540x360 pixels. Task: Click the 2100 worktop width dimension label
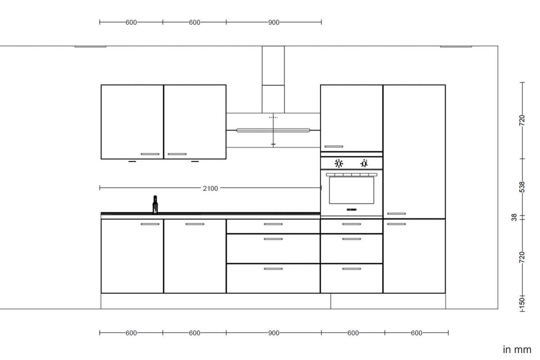pyautogui.click(x=210, y=189)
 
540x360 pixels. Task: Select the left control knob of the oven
pyautogui.click(x=339, y=163)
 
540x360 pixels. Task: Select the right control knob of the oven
pyautogui.click(x=364, y=163)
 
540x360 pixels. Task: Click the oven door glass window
pyautogui.click(x=351, y=190)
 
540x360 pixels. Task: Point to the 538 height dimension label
pyautogui.click(x=522, y=187)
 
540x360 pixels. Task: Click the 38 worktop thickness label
pyautogui.click(x=514, y=217)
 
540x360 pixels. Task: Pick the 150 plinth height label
pyautogui.click(x=522, y=301)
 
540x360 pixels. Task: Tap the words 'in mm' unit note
pyautogui.click(x=517, y=350)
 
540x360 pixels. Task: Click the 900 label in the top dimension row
pyautogui.click(x=274, y=22)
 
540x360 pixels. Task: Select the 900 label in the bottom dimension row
pyautogui.click(x=274, y=333)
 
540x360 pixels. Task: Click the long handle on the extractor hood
pyautogui.click(x=273, y=130)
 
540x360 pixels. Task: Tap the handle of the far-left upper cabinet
pyautogui.click(x=150, y=154)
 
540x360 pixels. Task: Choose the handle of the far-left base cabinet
pyautogui.click(x=150, y=224)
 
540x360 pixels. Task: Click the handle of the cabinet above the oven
pyautogui.click(x=333, y=146)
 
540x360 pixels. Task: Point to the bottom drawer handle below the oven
pyautogui.click(x=351, y=269)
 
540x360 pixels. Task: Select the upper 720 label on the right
pyautogui.click(x=522, y=120)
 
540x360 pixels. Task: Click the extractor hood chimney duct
pyautogui.click(x=273, y=79)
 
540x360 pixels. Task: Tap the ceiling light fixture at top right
pyautogui.click(x=456, y=46)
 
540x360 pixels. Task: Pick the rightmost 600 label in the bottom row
pyautogui.click(x=417, y=333)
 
